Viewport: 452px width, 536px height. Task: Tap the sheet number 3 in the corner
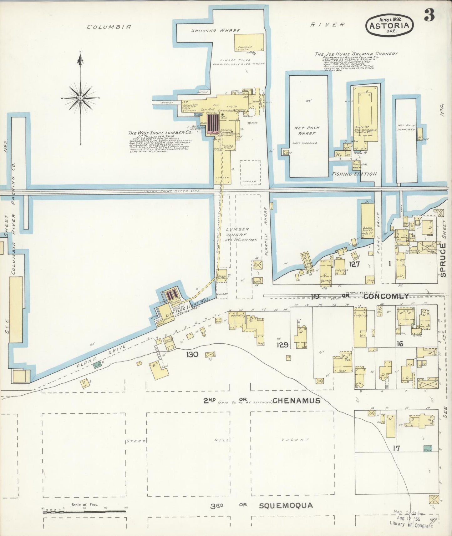tap(429, 15)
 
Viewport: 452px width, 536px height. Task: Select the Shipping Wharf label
tap(216, 30)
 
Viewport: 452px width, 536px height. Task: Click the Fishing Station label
tap(354, 174)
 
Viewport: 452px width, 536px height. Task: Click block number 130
tap(192, 354)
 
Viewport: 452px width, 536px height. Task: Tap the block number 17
tap(396, 448)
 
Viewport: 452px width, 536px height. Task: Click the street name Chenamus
tap(296, 401)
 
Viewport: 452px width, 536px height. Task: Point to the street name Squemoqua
tap(286, 505)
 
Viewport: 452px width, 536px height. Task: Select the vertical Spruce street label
tap(443, 260)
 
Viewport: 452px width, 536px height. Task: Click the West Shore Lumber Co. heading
tap(160, 133)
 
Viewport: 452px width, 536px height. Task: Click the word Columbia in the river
tap(109, 27)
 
